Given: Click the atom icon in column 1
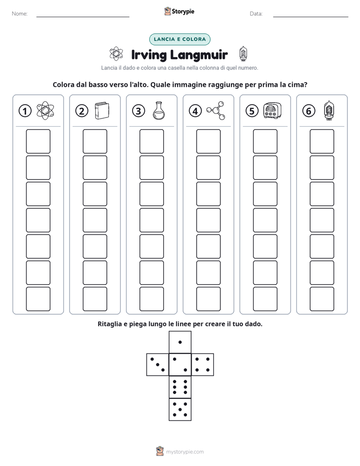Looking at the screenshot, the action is point(45,111).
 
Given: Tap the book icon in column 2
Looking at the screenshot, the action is point(102,111).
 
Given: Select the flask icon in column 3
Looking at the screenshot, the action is point(159,111).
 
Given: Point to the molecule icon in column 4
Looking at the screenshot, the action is point(216,110).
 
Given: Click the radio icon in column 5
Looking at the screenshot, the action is point(272,111).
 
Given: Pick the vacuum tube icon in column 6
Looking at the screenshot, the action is point(329,110).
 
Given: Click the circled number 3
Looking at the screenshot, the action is point(139,111).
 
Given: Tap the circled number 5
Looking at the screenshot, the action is point(252,111).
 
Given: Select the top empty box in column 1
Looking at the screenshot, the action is point(38,141).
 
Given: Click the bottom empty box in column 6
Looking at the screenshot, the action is point(322,299).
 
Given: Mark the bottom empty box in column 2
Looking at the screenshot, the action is point(95,299).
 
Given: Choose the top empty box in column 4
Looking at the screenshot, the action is point(208,141).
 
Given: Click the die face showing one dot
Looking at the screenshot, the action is point(180,342).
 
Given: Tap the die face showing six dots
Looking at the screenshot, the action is point(180,387).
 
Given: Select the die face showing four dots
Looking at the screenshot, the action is point(203,365).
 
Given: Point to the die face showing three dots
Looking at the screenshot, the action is point(157,365).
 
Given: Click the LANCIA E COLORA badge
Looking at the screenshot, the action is point(179,39).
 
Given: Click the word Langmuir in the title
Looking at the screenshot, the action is point(199,55).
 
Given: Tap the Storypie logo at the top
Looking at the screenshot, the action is point(179,11).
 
